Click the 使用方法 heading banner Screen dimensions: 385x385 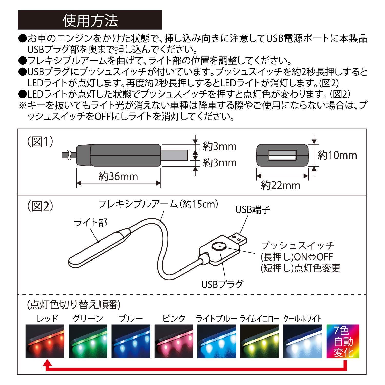pyautogui.click(x=90, y=20)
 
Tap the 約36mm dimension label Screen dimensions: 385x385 pyautogui.click(x=118, y=177)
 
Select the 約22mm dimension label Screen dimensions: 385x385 pyautogui.click(x=280, y=185)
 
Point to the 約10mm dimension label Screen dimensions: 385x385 pyautogui.click(x=337, y=155)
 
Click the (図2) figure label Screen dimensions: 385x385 pyautogui.click(x=40, y=206)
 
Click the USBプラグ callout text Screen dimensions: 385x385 pyautogui.click(x=222, y=284)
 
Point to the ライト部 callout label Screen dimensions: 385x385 pyautogui.click(x=91, y=222)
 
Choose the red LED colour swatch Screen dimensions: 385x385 pyautogui.click(x=45, y=341)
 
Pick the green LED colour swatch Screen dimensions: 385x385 pyautogui.click(x=88, y=341)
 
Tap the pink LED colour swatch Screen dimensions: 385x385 pyautogui.click(x=174, y=341)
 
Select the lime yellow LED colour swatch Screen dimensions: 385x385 pyautogui.click(x=260, y=341)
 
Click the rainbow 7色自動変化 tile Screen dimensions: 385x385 pyautogui.click(x=343, y=341)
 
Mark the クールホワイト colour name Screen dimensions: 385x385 pyautogui.click(x=302, y=319)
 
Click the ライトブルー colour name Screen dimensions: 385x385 pyautogui.click(x=216, y=319)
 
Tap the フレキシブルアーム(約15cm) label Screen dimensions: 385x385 pyautogui.click(x=158, y=204)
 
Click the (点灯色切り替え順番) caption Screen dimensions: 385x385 pyautogui.click(x=74, y=305)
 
